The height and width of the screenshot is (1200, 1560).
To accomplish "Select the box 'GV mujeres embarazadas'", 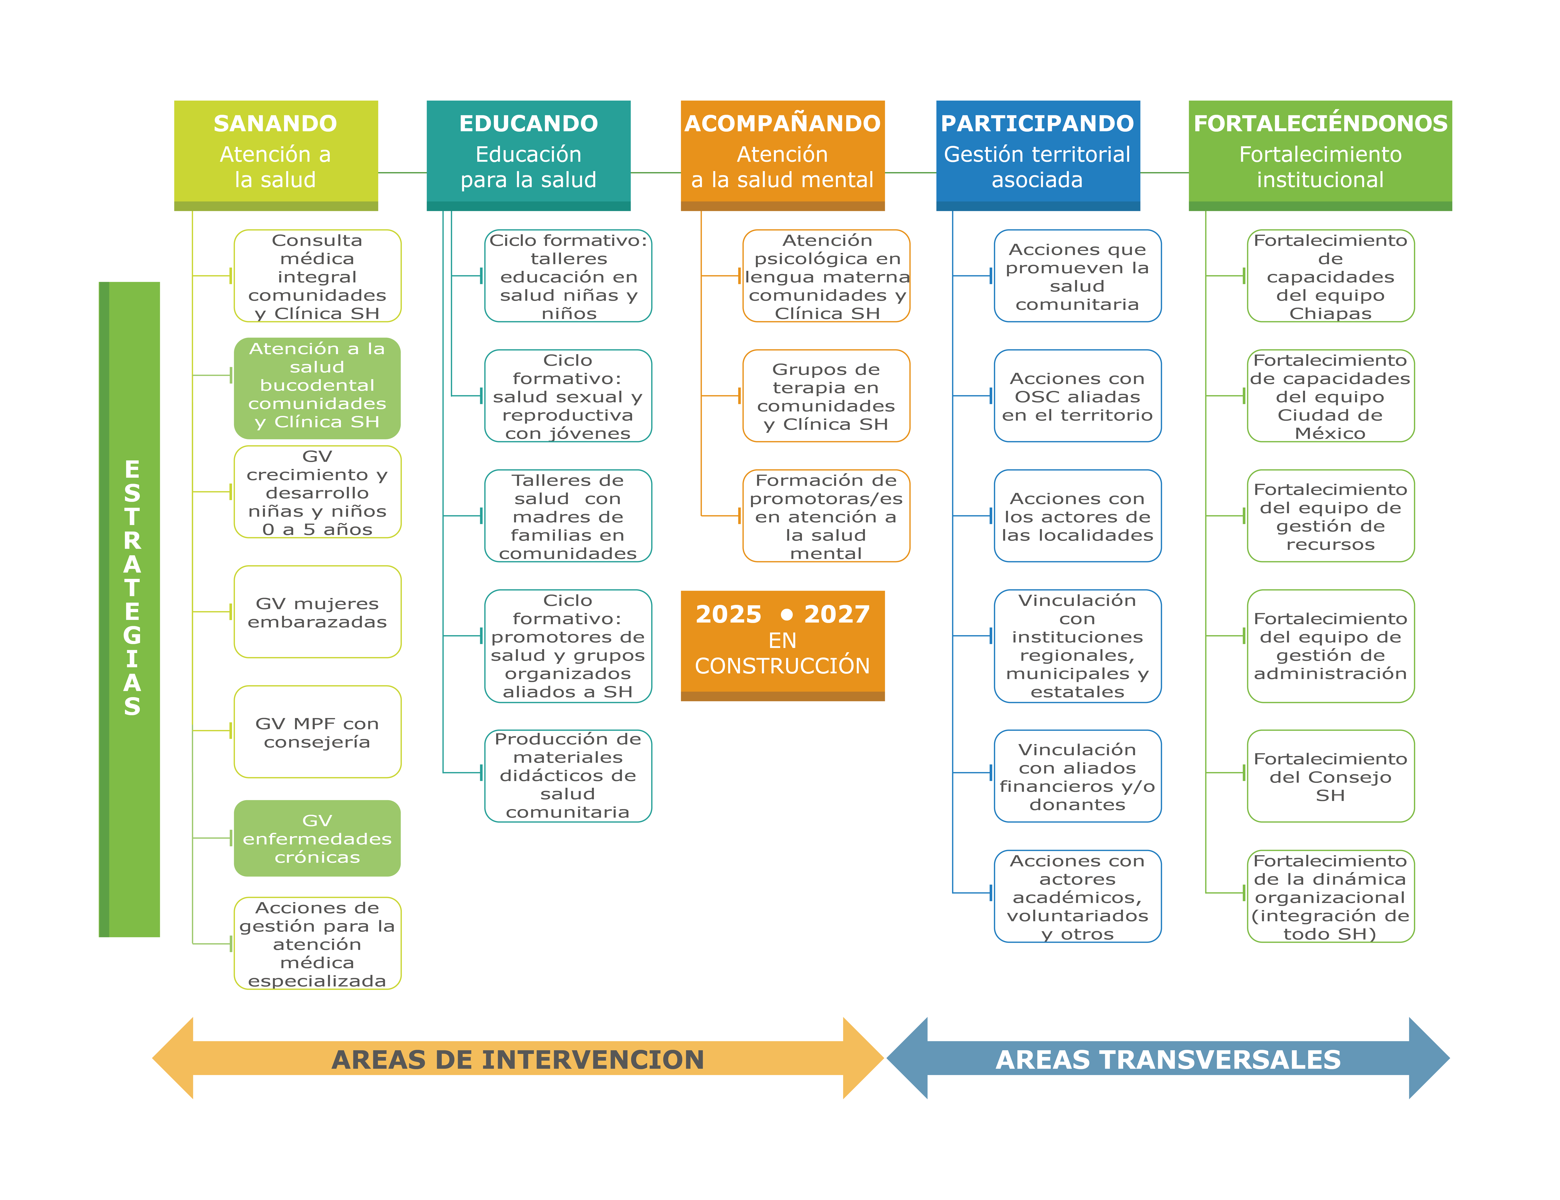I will [317, 612].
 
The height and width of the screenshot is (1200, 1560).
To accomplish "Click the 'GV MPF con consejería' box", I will [317, 732].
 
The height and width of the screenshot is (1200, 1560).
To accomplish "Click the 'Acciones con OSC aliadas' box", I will [1077, 396].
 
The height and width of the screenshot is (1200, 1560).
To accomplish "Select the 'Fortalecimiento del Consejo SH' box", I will [1330, 776].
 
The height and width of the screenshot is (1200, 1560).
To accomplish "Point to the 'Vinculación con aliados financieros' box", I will [1077, 776].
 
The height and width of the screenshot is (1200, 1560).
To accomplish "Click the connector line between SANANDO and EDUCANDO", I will [402, 173].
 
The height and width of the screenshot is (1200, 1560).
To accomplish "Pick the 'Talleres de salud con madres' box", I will [568, 516].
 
